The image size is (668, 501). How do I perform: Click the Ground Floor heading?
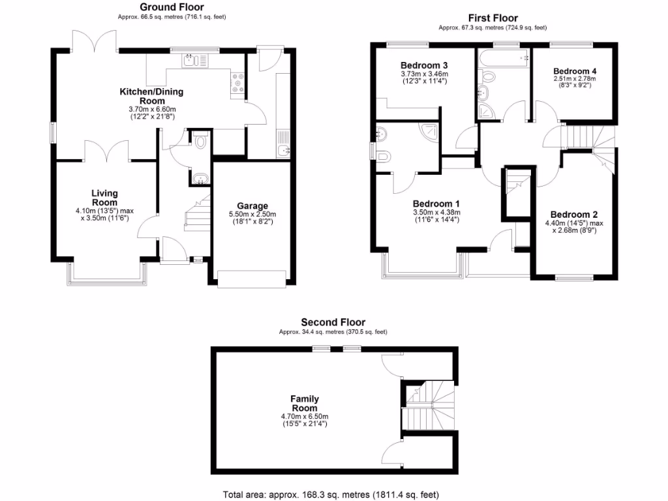coord(167,7)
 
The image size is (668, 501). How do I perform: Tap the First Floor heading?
coord(493,18)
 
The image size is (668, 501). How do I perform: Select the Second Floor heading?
coord(333,322)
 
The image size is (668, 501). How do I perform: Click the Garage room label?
coord(252,206)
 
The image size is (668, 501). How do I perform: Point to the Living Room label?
coord(104,198)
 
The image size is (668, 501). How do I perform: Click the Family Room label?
coord(305,403)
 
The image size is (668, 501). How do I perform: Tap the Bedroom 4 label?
coord(575,71)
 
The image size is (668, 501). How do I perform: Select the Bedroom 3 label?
coord(423,66)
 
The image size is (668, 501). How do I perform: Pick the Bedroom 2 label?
coord(574,215)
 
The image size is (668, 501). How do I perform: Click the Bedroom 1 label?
coord(436,203)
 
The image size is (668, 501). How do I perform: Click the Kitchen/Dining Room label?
coord(151,97)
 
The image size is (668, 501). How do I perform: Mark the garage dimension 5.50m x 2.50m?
coord(252,215)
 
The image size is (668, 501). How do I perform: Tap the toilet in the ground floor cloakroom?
coord(200,141)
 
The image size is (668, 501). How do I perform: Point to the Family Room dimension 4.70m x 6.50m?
coord(305,416)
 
